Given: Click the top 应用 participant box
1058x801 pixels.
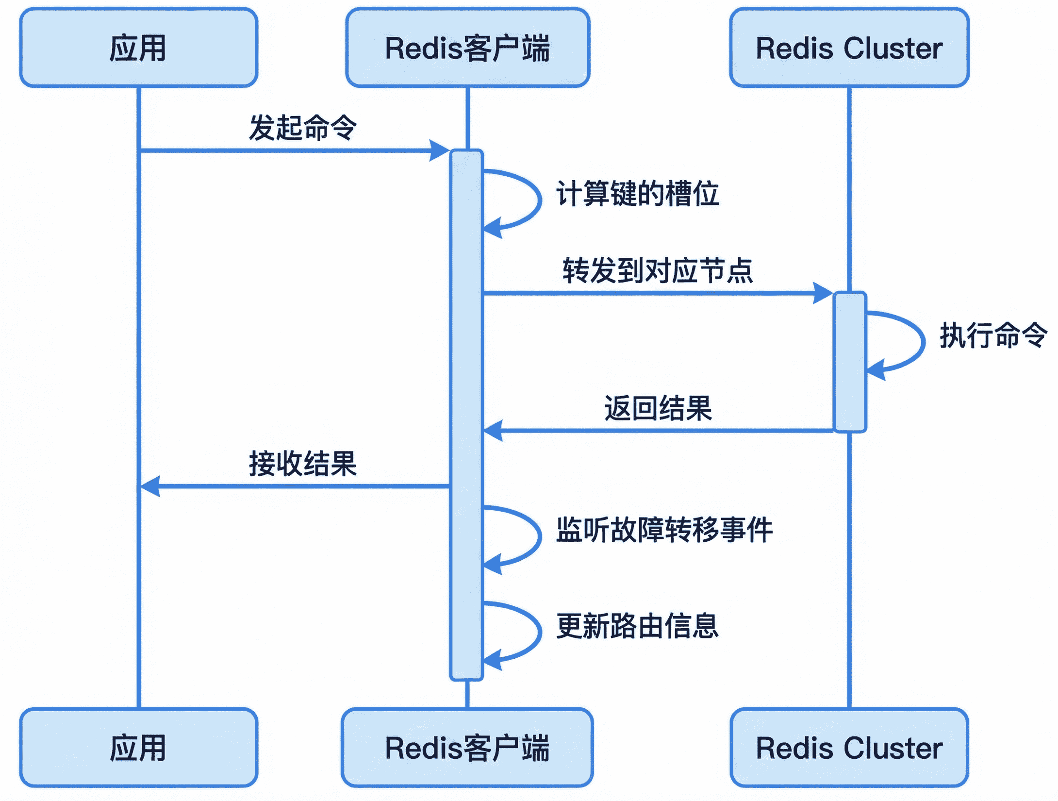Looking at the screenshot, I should coord(139,48).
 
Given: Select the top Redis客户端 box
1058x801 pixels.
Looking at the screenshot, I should coord(467,48).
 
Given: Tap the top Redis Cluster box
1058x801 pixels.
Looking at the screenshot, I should coord(849,48).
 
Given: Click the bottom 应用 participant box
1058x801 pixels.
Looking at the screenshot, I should coord(139,748).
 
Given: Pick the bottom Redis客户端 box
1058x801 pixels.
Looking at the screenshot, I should coord(467,748).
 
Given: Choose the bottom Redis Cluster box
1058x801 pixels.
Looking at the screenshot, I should coord(849,748).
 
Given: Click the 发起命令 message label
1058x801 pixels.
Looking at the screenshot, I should coord(303,128).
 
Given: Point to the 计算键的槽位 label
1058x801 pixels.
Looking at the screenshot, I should coord(637,193).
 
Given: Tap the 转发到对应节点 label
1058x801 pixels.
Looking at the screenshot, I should coord(658,270).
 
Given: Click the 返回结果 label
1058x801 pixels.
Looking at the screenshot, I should coord(658,408).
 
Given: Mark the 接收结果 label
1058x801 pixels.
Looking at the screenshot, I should coord(303,464).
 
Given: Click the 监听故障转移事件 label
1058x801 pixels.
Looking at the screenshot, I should coord(664,529).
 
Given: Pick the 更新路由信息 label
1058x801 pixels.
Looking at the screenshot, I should coord(637,626).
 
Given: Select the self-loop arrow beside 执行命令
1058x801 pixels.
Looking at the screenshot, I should coord(922,342).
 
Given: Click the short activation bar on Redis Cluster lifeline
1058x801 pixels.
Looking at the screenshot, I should coord(849,362).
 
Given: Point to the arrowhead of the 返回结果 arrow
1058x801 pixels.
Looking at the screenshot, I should coord(494,431).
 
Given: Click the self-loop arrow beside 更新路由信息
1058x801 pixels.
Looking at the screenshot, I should coord(539,631).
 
